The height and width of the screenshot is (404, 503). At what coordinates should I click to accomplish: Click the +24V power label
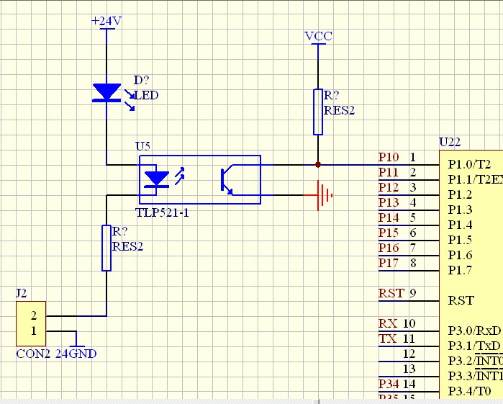click(107, 21)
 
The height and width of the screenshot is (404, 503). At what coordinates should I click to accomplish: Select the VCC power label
click(318, 36)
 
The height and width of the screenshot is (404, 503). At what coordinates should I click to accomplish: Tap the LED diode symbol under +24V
click(107, 93)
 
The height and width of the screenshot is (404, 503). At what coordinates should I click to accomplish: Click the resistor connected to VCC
click(318, 112)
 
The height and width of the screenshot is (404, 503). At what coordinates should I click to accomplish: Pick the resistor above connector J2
click(107, 248)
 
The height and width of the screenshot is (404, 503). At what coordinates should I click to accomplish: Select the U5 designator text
click(143, 146)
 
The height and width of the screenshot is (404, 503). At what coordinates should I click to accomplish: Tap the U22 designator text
click(450, 143)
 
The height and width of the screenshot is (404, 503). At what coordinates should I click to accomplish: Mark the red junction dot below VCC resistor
click(318, 165)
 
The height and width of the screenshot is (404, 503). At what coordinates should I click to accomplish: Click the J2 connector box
click(31, 323)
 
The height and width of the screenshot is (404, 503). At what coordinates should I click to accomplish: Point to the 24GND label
click(76, 354)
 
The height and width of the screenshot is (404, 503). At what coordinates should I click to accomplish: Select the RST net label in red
click(391, 294)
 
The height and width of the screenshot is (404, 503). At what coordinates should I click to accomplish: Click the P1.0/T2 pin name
click(469, 164)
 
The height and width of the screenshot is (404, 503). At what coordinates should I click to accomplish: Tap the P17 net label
click(389, 264)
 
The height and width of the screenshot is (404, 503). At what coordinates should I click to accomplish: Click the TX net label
click(387, 339)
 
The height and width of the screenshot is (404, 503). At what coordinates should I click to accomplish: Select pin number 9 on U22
click(413, 293)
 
